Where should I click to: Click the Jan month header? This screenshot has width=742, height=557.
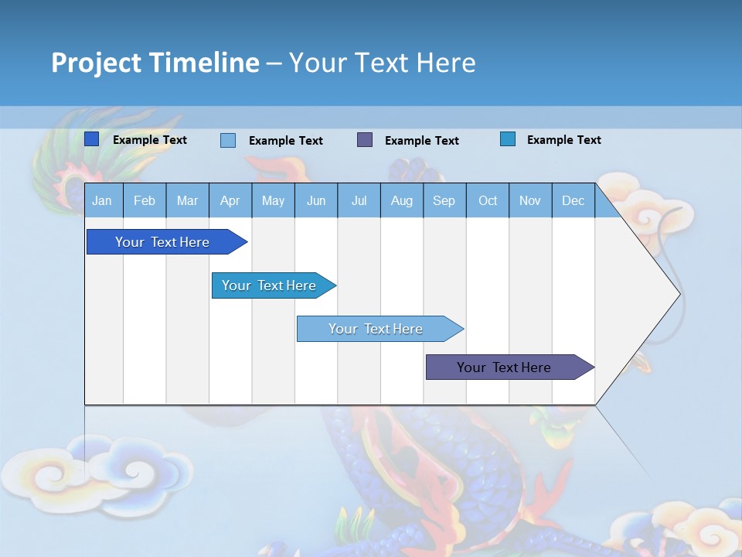click(x=102, y=201)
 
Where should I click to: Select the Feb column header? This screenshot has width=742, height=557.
click(x=145, y=201)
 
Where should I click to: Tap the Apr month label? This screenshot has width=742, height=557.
click(x=230, y=201)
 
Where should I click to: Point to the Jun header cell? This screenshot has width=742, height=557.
click(x=316, y=201)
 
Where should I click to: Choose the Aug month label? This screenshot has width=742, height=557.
click(x=402, y=201)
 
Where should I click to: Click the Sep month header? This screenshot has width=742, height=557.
click(x=444, y=201)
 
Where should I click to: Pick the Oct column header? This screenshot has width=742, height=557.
click(x=488, y=201)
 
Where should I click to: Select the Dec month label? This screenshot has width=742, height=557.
click(x=573, y=201)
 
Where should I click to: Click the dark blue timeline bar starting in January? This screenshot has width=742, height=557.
click(x=163, y=242)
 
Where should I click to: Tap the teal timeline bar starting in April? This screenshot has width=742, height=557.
click(x=270, y=285)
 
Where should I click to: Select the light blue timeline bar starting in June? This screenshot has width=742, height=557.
click(x=376, y=329)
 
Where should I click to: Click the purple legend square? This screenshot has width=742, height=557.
click(x=365, y=140)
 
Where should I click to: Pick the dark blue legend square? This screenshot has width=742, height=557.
click(x=92, y=139)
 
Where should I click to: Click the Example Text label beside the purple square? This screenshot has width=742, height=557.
click(x=421, y=141)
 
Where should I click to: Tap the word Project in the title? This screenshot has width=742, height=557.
click(x=96, y=63)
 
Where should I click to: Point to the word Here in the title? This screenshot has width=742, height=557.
click(x=446, y=63)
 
